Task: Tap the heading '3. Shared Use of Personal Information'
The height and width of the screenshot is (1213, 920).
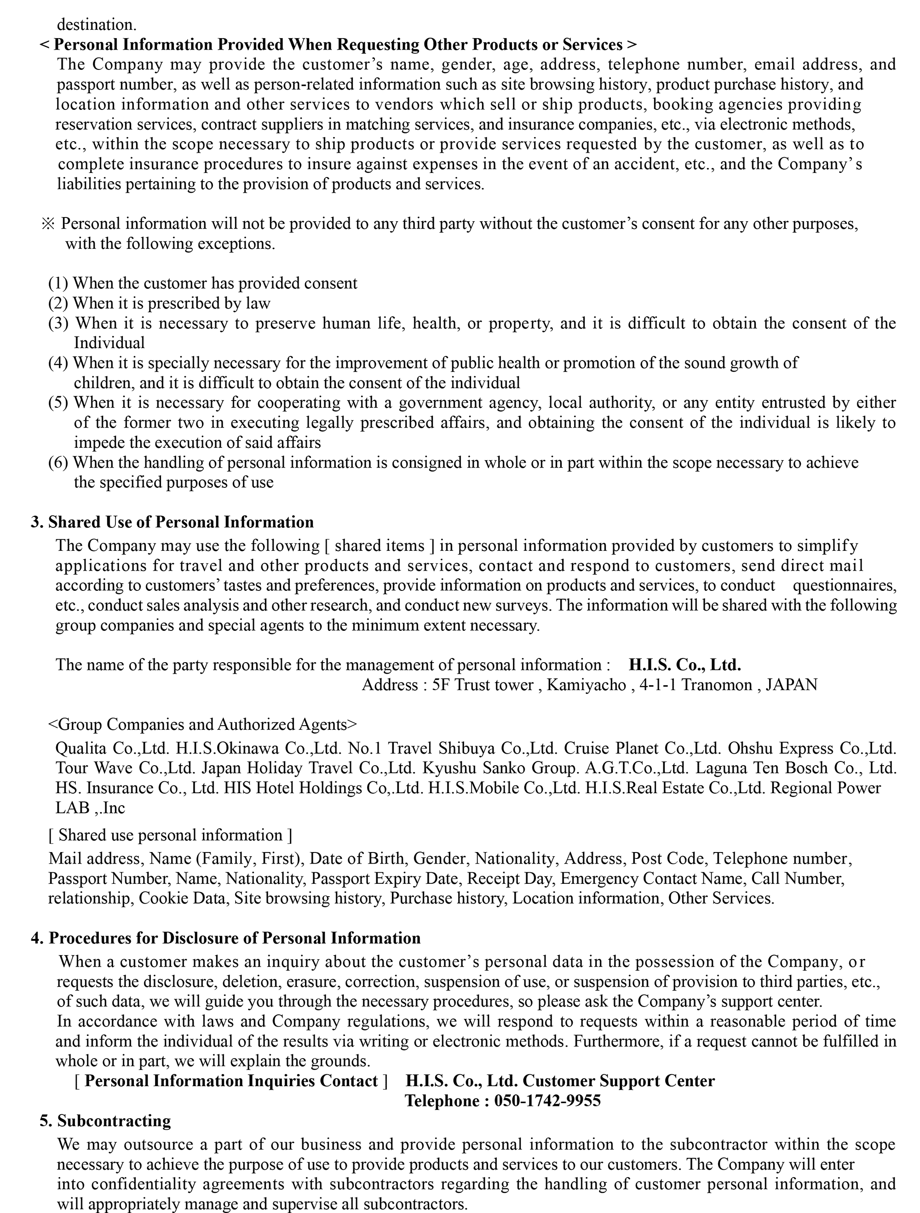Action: click(172, 522)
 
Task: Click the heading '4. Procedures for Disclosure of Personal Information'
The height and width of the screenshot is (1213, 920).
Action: click(225, 938)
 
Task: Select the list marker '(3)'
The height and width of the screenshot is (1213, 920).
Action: click(58, 323)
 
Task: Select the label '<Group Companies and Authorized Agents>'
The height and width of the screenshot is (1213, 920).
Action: click(202, 724)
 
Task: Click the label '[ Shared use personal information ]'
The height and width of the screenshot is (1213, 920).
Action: click(170, 835)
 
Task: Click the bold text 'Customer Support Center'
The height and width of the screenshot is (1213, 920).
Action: click(618, 1081)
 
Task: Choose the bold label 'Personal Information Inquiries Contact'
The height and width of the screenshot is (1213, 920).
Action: click(231, 1081)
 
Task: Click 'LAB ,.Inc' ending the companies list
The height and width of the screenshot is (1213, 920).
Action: click(90, 808)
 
